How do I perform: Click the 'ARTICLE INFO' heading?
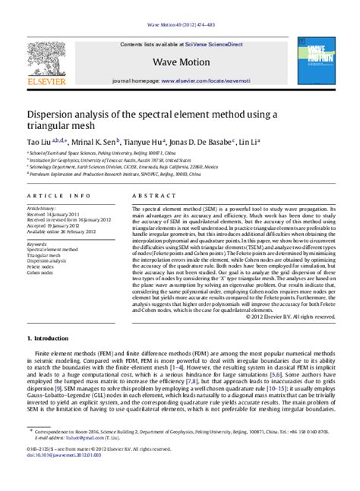[52, 196]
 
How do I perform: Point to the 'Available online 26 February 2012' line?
[62, 231]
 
